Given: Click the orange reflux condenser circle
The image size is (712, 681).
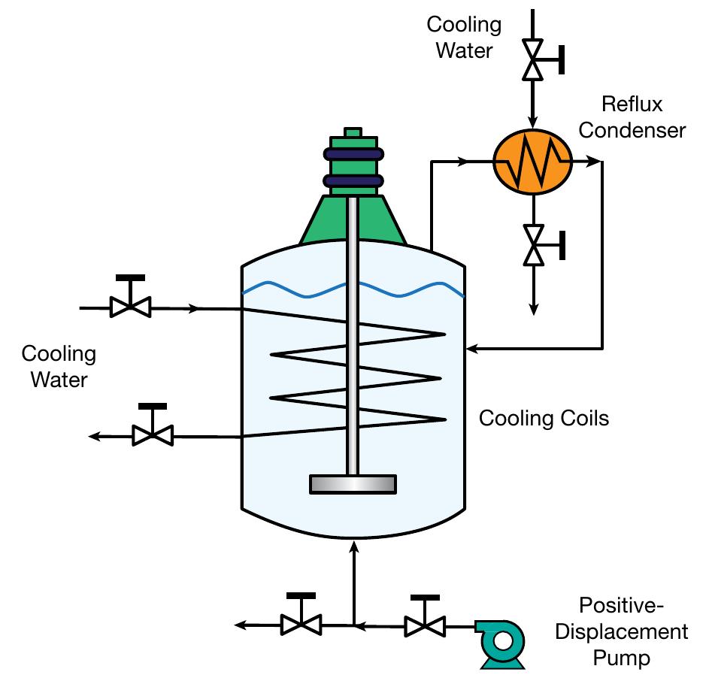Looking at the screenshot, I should (532, 161).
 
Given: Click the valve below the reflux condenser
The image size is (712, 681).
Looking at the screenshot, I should (533, 244).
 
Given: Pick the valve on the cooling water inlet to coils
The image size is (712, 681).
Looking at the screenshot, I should (130, 307).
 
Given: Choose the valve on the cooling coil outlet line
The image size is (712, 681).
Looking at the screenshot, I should (153, 434).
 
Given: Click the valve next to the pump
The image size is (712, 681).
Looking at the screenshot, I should (425, 625).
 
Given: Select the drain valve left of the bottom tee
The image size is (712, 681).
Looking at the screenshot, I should (301, 625).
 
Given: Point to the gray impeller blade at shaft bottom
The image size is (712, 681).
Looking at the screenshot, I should (353, 484).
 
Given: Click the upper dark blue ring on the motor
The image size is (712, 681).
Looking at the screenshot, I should (353, 154).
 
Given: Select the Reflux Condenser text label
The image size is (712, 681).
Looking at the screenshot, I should (642, 117).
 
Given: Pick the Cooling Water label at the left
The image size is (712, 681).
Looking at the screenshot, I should (59, 366).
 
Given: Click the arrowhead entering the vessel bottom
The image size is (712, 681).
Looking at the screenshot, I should (354, 546).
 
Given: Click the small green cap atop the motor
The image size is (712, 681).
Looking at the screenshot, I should (353, 134).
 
